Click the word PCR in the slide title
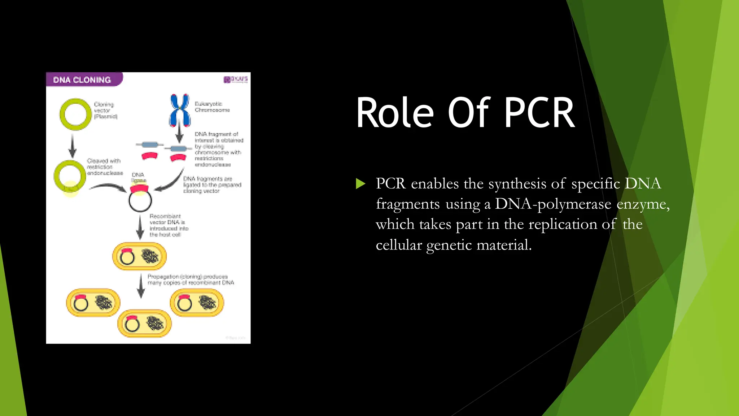coord(539,113)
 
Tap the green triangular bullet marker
coord(360,184)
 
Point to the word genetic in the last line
coord(449,245)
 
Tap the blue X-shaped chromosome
coord(180,110)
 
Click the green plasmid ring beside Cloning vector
coord(75,114)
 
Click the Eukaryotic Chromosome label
coord(212,107)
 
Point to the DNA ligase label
coord(138,177)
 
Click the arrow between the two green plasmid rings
coord(73,145)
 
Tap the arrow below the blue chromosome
coord(179,133)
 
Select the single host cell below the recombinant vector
coord(140,256)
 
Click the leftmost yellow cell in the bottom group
coord(93,303)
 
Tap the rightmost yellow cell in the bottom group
coord(197,303)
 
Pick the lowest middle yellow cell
coord(145,324)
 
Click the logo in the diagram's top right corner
coord(236,79)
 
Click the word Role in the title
coord(395,113)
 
